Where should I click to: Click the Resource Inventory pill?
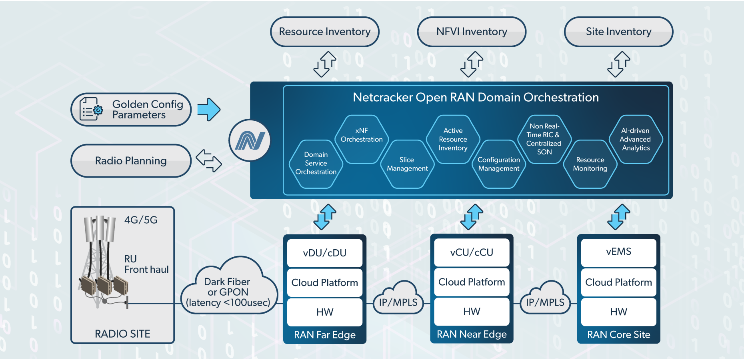(324, 32)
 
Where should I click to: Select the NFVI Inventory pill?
(471, 32)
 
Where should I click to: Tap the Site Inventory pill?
(618, 32)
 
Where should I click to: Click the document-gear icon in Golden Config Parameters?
(91, 109)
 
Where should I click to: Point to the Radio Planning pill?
(131, 161)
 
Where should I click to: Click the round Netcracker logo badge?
(250, 140)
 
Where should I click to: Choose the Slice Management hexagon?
(407, 164)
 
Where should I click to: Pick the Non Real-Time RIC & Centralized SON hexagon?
(544, 139)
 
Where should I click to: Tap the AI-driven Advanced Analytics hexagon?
(636, 139)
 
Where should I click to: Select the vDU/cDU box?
(325, 253)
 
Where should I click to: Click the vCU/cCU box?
(472, 252)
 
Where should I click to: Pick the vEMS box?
(618, 252)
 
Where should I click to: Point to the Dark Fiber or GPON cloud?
(228, 290)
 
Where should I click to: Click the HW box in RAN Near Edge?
(472, 312)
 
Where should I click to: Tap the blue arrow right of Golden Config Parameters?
(209, 109)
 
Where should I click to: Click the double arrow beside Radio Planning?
(208, 160)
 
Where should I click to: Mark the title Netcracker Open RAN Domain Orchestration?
(476, 97)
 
